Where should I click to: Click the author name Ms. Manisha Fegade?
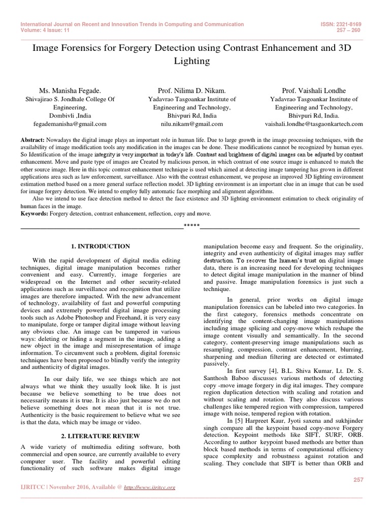70,90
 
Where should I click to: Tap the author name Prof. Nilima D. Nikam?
191,90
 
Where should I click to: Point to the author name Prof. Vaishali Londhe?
313,90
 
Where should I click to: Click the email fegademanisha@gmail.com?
70,124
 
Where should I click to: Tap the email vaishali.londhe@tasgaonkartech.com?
314,124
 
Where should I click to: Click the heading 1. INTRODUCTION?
101,246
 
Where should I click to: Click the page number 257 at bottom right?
358,479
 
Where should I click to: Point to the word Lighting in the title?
191,61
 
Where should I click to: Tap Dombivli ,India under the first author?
70,115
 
